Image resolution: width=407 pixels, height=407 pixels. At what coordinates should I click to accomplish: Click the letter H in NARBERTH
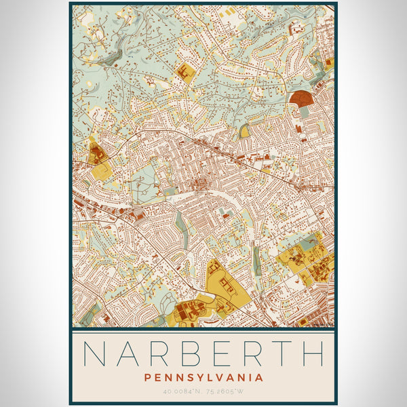coord(312,353)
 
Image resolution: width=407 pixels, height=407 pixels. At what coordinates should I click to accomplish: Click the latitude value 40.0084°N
coord(181,391)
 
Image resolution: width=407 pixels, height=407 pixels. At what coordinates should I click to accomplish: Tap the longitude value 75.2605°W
coord(227,391)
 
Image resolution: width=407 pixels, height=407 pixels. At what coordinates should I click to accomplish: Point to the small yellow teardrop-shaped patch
coord(244,131)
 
